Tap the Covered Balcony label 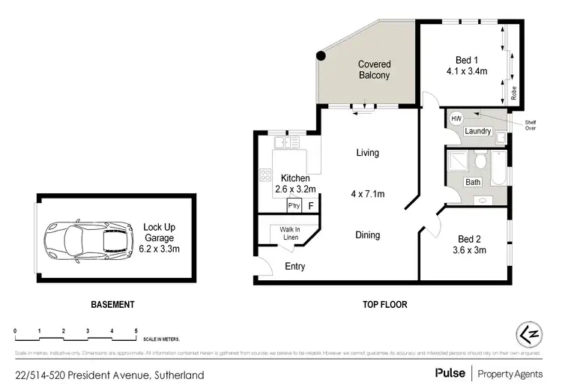click(x=373, y=70)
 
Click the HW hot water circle click(x=456, y=118)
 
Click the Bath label click(x=473, y=182)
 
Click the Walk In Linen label click(x=290, y=233)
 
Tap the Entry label click(x=295, y=267)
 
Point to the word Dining click(x=367, y=235)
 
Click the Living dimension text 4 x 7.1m click(x=367, y=194)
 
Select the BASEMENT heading click(x=112, y=305)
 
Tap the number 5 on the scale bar click(x=136, y=330)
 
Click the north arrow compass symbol click(x=530, y=334)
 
